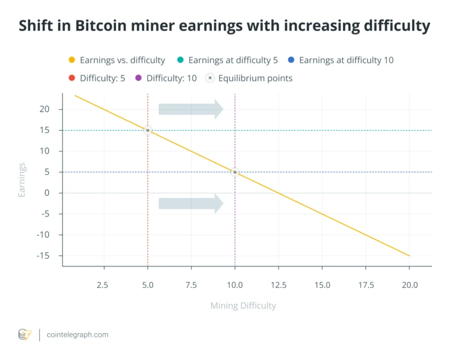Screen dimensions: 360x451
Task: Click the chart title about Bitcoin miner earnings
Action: coord(225,26)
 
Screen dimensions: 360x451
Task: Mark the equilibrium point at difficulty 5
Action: coord(148,130)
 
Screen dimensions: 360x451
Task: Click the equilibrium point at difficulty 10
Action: coord(235,172)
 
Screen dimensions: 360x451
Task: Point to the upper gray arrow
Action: coord(190,109)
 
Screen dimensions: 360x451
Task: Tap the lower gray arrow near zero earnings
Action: coord(190,203)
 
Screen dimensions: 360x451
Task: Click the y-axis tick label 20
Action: coord(43,109)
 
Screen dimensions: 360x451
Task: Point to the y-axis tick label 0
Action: coord(46,193)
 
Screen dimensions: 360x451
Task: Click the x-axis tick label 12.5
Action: coord(278,285)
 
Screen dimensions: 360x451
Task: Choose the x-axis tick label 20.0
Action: coord(409,285)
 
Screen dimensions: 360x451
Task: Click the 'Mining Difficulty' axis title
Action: coord(243,305)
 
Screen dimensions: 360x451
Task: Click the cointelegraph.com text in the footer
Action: coord(77,335)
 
